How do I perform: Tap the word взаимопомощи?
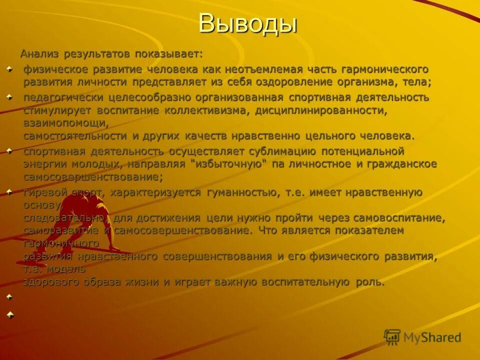click(x=65, y=122)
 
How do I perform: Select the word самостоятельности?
click(x=75, y=135)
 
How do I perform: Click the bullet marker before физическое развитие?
click(x=9, y=69)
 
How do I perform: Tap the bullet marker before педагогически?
click(x=9, y=96)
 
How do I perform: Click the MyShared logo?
click(x=422, y=337)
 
